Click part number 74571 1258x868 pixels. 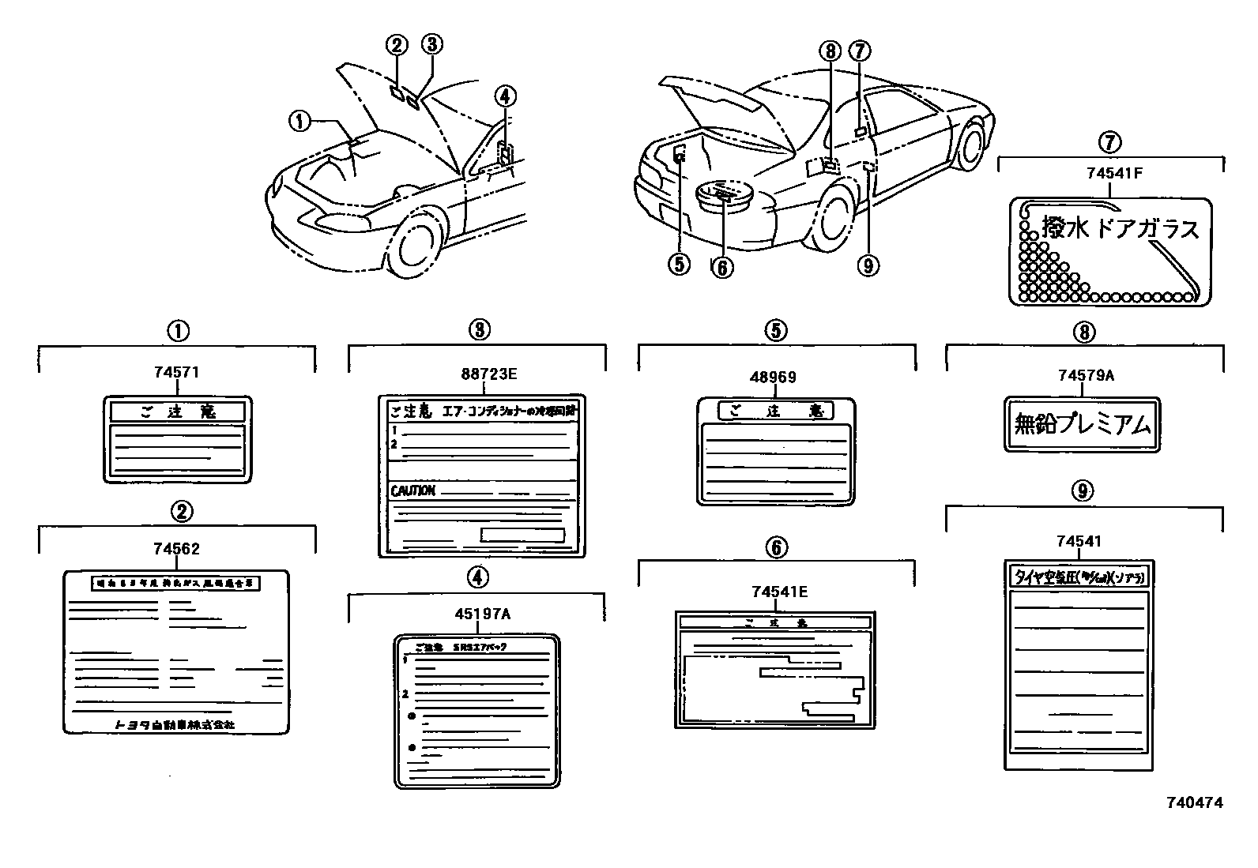(x=176, y=373)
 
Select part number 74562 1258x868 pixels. (x=176, y=548)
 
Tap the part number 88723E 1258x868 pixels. (x=483, y=374)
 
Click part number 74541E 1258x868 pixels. (x=779, y=592)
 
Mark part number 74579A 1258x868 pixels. (x=1086, y=376)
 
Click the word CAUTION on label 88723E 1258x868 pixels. (x=412, y=490)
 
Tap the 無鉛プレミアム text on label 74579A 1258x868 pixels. (x=1083, y=426)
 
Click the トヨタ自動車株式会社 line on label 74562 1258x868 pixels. (x=175, y=723)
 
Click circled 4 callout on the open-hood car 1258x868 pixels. (x=506, y=96)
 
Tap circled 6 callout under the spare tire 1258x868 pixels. (x=721, y=268)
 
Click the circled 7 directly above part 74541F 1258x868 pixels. (x=1109, y=142)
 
